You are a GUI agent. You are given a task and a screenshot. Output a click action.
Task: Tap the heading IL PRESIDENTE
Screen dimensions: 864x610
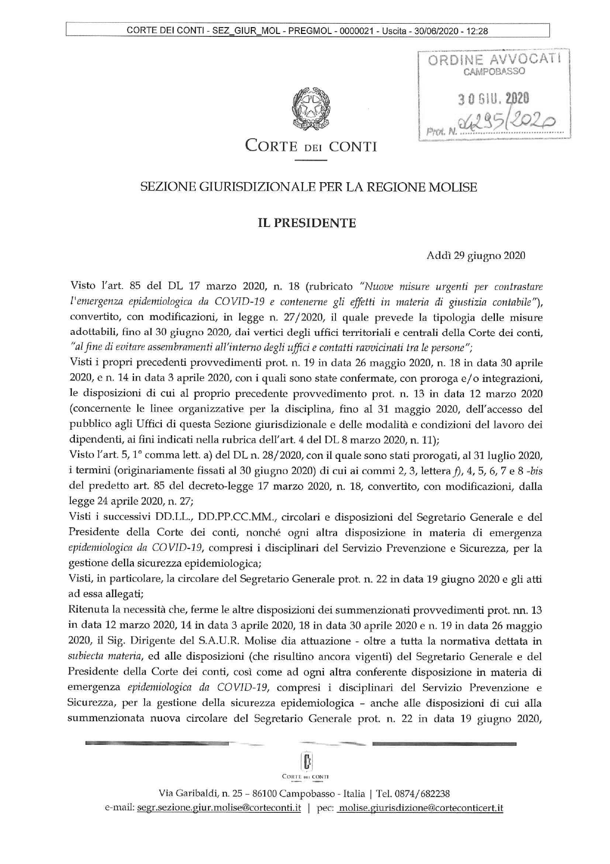(307, 223)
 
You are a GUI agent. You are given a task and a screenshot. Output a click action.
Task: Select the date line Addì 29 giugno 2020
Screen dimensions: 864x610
(476, 256)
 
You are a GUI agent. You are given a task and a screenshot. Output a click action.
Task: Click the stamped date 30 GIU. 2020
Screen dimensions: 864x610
(493, 99)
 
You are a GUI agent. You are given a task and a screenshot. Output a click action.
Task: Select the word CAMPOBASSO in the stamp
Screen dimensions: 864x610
(494, 72)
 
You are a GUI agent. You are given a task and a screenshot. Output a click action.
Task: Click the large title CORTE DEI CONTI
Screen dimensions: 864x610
(311, 147)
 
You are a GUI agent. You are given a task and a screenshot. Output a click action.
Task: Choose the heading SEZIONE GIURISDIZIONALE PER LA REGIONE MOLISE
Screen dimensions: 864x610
(308, 187)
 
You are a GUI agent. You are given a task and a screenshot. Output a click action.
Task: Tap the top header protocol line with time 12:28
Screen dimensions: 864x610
(307, 31)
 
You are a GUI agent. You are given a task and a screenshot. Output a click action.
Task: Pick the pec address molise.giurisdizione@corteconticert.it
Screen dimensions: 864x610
(421, 808)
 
